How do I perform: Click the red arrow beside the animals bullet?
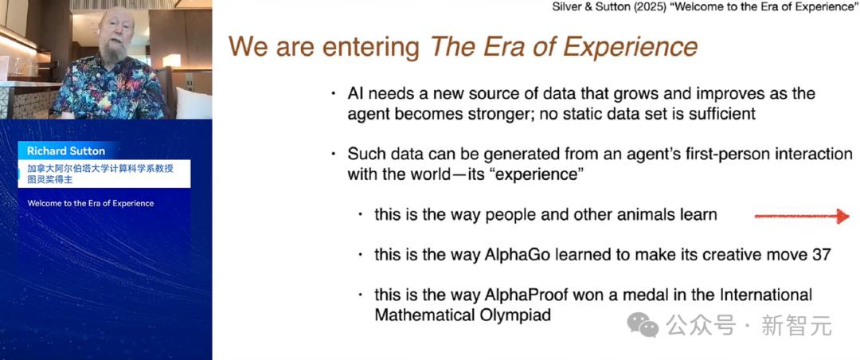click(x=802, y=216)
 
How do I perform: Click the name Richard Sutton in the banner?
click(x=66, y=151)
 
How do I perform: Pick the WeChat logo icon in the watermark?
click(x=643, y=325)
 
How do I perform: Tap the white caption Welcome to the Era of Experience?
click(x=91, y=203)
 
